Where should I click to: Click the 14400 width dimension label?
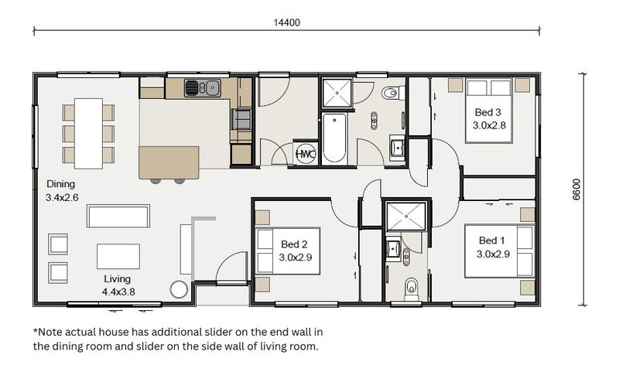click(287, 22)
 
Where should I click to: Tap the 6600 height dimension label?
click(576, 189)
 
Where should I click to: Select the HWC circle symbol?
click(306, 154)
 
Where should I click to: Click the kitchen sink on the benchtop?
click(203, 88)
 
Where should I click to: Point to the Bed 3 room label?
click(489, 119)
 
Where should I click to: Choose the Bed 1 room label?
click(493, 247)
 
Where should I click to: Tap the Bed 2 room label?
click(296, 251)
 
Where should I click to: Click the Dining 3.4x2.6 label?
click(62, 190)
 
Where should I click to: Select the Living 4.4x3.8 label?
click(118, 285)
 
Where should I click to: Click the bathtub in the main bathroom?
click(334, 138)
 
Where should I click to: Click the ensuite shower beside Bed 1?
click(406, 217)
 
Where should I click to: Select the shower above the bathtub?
click(337, 93)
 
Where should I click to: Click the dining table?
click(88, 133)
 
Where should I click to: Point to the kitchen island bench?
click(169, 162)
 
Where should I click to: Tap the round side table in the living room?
click(179, 289)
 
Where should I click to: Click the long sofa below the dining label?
click(118, 216)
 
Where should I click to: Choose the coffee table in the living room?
click(118, 257)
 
